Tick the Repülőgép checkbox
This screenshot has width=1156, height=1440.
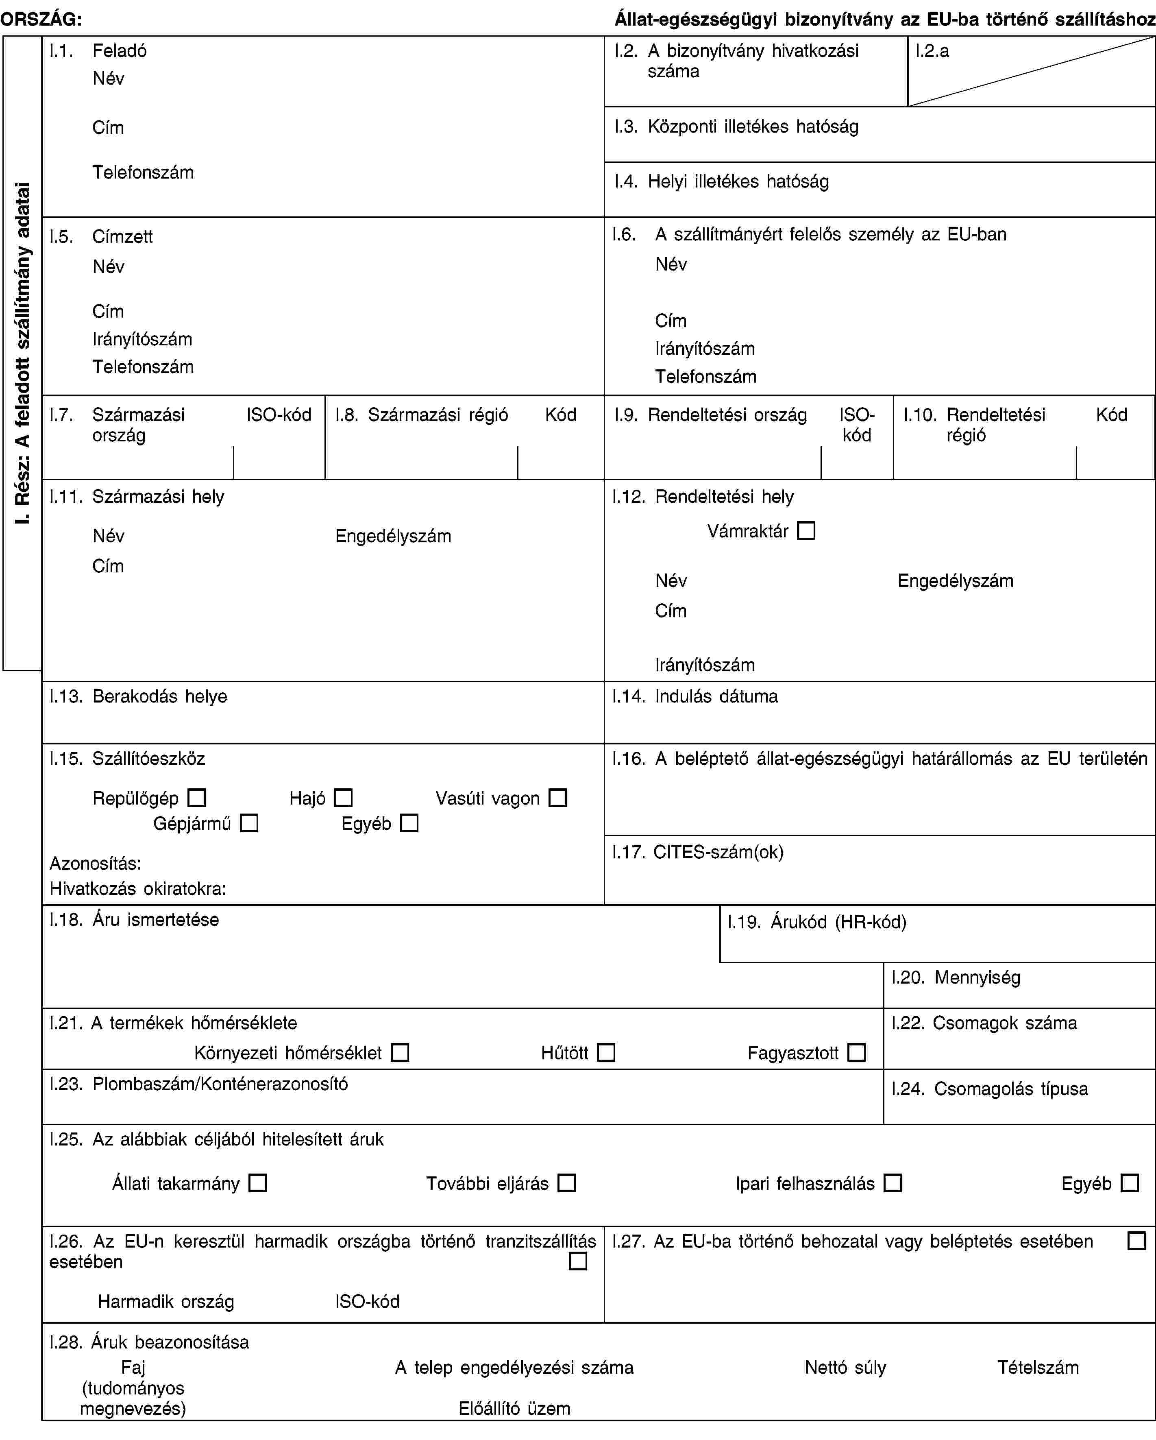click(196, 797)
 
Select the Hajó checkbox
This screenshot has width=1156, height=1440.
click(343, 797)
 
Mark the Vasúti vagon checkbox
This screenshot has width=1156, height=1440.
click(557, 797)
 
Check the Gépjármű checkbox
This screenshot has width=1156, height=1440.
click(249, 823)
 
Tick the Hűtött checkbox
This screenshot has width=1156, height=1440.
click(606, 1053)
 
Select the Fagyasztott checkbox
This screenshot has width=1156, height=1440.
click(856, 1053)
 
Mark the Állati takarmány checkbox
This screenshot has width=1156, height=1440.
click(257, 1183)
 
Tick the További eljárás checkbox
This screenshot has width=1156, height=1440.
click(566, 1183)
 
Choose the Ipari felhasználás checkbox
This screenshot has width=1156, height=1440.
click(892, 1183)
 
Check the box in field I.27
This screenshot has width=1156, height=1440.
click(1136, 1241)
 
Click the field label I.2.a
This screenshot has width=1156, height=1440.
click(932, 51)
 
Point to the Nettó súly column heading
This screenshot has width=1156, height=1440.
click(845, 1367)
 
